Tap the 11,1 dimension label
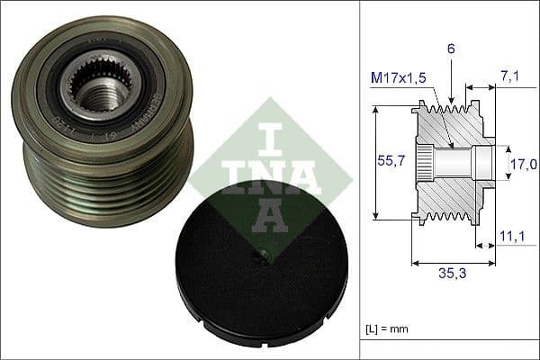point(512,237)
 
